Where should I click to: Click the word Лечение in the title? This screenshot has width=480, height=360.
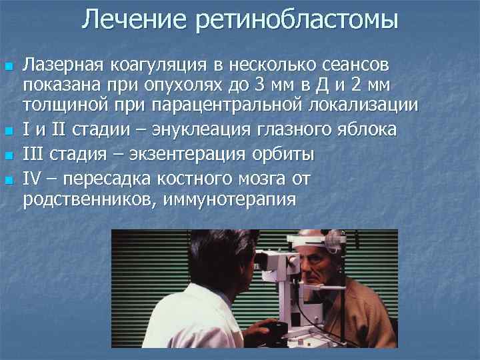click(x=133, y=19)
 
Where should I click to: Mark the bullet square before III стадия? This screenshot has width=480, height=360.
click(x=8, y=155)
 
